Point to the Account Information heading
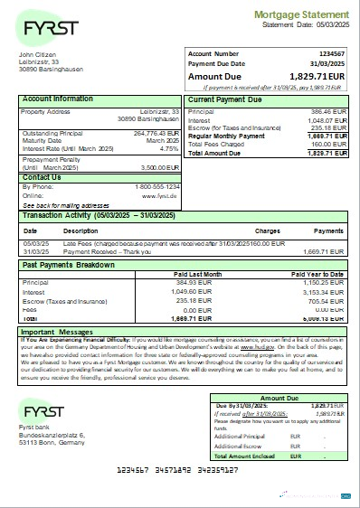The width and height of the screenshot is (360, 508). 58,99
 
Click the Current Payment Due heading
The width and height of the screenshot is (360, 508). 228,99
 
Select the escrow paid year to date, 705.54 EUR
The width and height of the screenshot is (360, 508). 329,300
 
